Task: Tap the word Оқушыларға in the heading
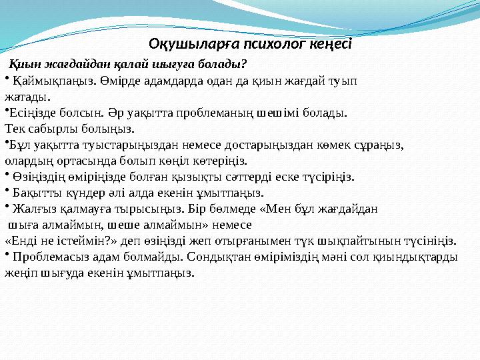(x=187, y=45)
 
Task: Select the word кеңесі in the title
(x=331, y=45)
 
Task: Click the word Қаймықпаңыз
(x=47, y=81)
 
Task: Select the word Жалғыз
(x=31, y=209)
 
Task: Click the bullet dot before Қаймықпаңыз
(x=7, y=79)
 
